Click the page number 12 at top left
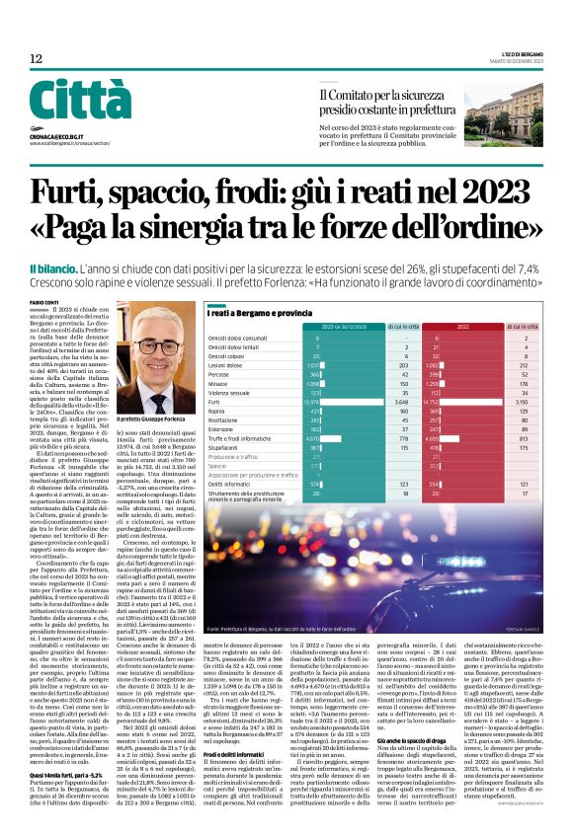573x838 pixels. click(x=36, y=59)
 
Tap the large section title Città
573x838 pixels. click(x=79, y=101)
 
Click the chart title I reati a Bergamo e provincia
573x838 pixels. click(x=253, y=313)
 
